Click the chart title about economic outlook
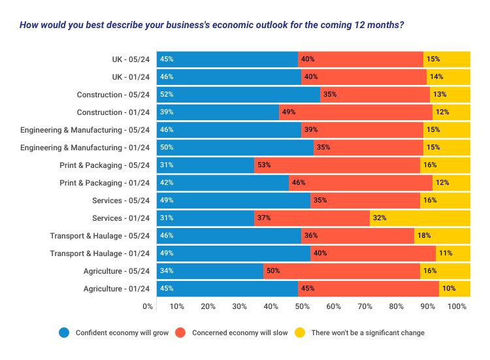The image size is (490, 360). pyautogui.click(x=211, y=25)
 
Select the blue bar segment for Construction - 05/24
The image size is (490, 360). pyautogui.click(x=238, y=94)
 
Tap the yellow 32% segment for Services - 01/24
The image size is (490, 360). pyautogui.click(x=419, y=218)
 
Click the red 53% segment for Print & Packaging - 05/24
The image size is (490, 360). pyautogui.click(x=336, y=165)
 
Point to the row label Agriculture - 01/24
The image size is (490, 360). pyautogui.click(x=117, y=288)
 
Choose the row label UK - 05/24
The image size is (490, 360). pyautogui.click(x=131, y=59)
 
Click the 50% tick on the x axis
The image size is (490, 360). pyautogui.click(x=302, y=306)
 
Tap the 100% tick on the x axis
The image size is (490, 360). pyautogui.click(x=457, y=306)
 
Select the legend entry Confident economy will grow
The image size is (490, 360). pyautogui.click(x=121, y=333)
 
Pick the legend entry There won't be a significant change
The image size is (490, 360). pyautogui.click(x=367, y=333)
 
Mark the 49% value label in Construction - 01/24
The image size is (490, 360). pyautogui.click(x=289, y=112)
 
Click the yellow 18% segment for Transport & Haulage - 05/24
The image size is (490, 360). pyautogui.click(x=442, y=235)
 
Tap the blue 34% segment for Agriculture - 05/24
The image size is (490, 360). pyautogui.click(x=210, y=270)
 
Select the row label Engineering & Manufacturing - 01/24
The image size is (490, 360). pyautogui.click(x=86, y=147)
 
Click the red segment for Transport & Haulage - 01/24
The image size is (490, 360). pyautogui.click(x=372, y=253)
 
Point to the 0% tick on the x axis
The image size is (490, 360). pyautogui.click(x=148, y=306)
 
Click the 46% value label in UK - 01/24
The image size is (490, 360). pyautogui.click(x=167, y=77)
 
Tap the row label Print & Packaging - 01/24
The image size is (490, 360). pyautogui.click(x=105, y=182)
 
